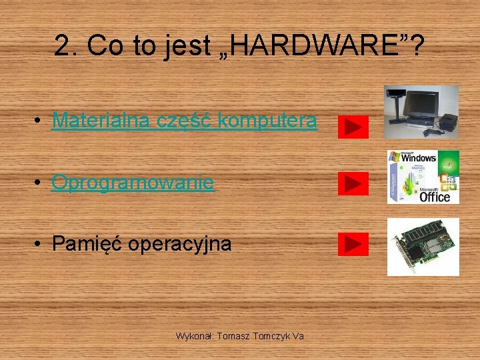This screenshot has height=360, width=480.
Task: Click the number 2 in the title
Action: [62, 46]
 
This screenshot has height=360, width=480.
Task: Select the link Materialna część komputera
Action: [184, 121]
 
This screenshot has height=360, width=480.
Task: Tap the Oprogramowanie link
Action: [133, 182]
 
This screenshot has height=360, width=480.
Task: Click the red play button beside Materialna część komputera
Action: [353, 126]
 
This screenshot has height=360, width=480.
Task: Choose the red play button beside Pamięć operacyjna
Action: [353, 245]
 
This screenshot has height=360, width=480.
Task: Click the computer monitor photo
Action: [421, 111]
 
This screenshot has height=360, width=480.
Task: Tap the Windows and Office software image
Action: [423, 177]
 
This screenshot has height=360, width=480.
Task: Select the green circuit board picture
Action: [423, 246]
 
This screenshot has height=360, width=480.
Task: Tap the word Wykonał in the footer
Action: [193, 336]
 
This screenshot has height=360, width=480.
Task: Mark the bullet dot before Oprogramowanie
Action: [41, 183]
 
